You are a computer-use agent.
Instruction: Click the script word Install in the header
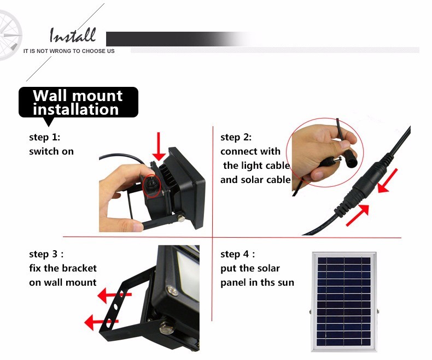[73, 35]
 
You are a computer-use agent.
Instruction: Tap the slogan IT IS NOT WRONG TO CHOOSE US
[69, 51]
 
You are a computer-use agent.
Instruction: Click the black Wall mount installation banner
[78, 103]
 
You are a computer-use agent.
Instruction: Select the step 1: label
[45, 137]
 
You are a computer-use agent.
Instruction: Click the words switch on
[51, 151]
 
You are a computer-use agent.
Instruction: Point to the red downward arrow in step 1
[159, 146]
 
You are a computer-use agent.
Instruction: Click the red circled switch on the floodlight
[151, 185]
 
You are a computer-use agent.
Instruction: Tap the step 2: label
[236, 137]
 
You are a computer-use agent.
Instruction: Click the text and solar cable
[255, 180]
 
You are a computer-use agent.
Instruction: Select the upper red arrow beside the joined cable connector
[388, 181]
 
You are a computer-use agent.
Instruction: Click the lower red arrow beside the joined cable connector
[358, 215]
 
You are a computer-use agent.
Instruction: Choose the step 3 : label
[46, 254]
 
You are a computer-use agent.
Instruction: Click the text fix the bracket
[63, 268]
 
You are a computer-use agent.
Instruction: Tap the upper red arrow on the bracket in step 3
[115, 296]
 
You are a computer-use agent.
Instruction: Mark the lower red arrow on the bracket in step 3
[101, 322]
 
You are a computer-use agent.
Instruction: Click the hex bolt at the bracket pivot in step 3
[166, 328]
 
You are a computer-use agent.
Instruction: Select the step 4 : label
[237, 254]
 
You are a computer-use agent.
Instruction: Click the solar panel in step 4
[344, 302]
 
